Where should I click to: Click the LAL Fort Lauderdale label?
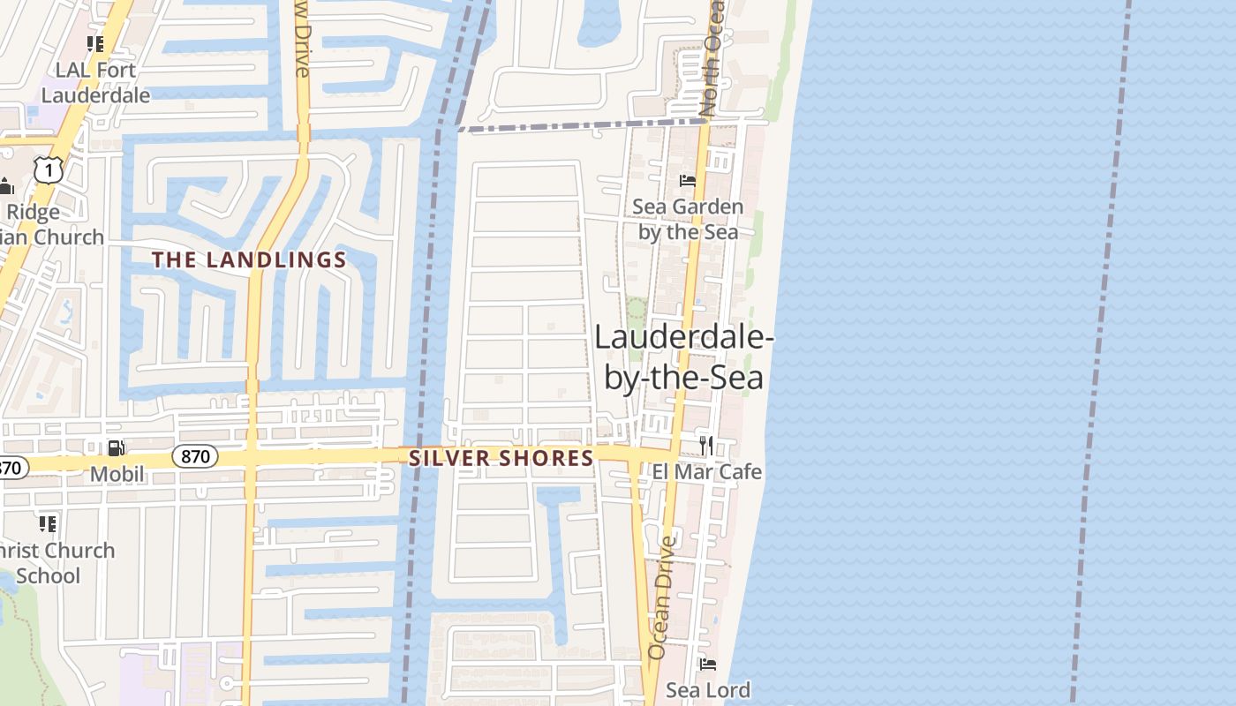tap(95, 82)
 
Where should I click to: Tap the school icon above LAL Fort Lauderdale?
tap(95, 44)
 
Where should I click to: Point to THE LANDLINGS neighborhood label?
tap(249, 259)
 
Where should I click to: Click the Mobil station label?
tap(117, 474)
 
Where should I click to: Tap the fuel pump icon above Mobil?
tap(116, 448)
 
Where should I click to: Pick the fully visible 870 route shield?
tap(194, 456)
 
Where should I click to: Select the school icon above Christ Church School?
tap(48, 524)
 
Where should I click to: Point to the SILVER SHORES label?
tap(501, 458)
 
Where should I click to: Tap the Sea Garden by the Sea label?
tap(688, 219)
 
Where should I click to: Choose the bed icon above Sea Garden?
tap(688, 181)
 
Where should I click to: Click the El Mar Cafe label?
tap(706, 471)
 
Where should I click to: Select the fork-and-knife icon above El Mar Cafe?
tap(705, 445)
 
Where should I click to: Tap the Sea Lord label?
tap(708, 689)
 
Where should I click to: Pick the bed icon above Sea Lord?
tap(707, 664)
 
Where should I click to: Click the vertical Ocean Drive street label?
tap(661, 597)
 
